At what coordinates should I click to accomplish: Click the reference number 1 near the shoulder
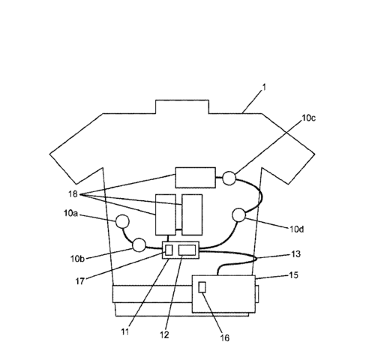click(264, 87)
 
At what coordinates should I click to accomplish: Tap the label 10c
click(308, 118)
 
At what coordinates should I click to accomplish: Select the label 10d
click(297, 229)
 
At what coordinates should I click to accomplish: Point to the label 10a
click(70, 213)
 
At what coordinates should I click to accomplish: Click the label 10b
click(77, 259)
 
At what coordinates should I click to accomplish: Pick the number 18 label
click(73, 193)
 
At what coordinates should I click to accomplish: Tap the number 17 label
click(79, 281)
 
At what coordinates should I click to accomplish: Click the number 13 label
click(295, 254)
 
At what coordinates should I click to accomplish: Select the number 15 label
click(294, 275)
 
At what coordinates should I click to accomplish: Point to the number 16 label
click(224, 338)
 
